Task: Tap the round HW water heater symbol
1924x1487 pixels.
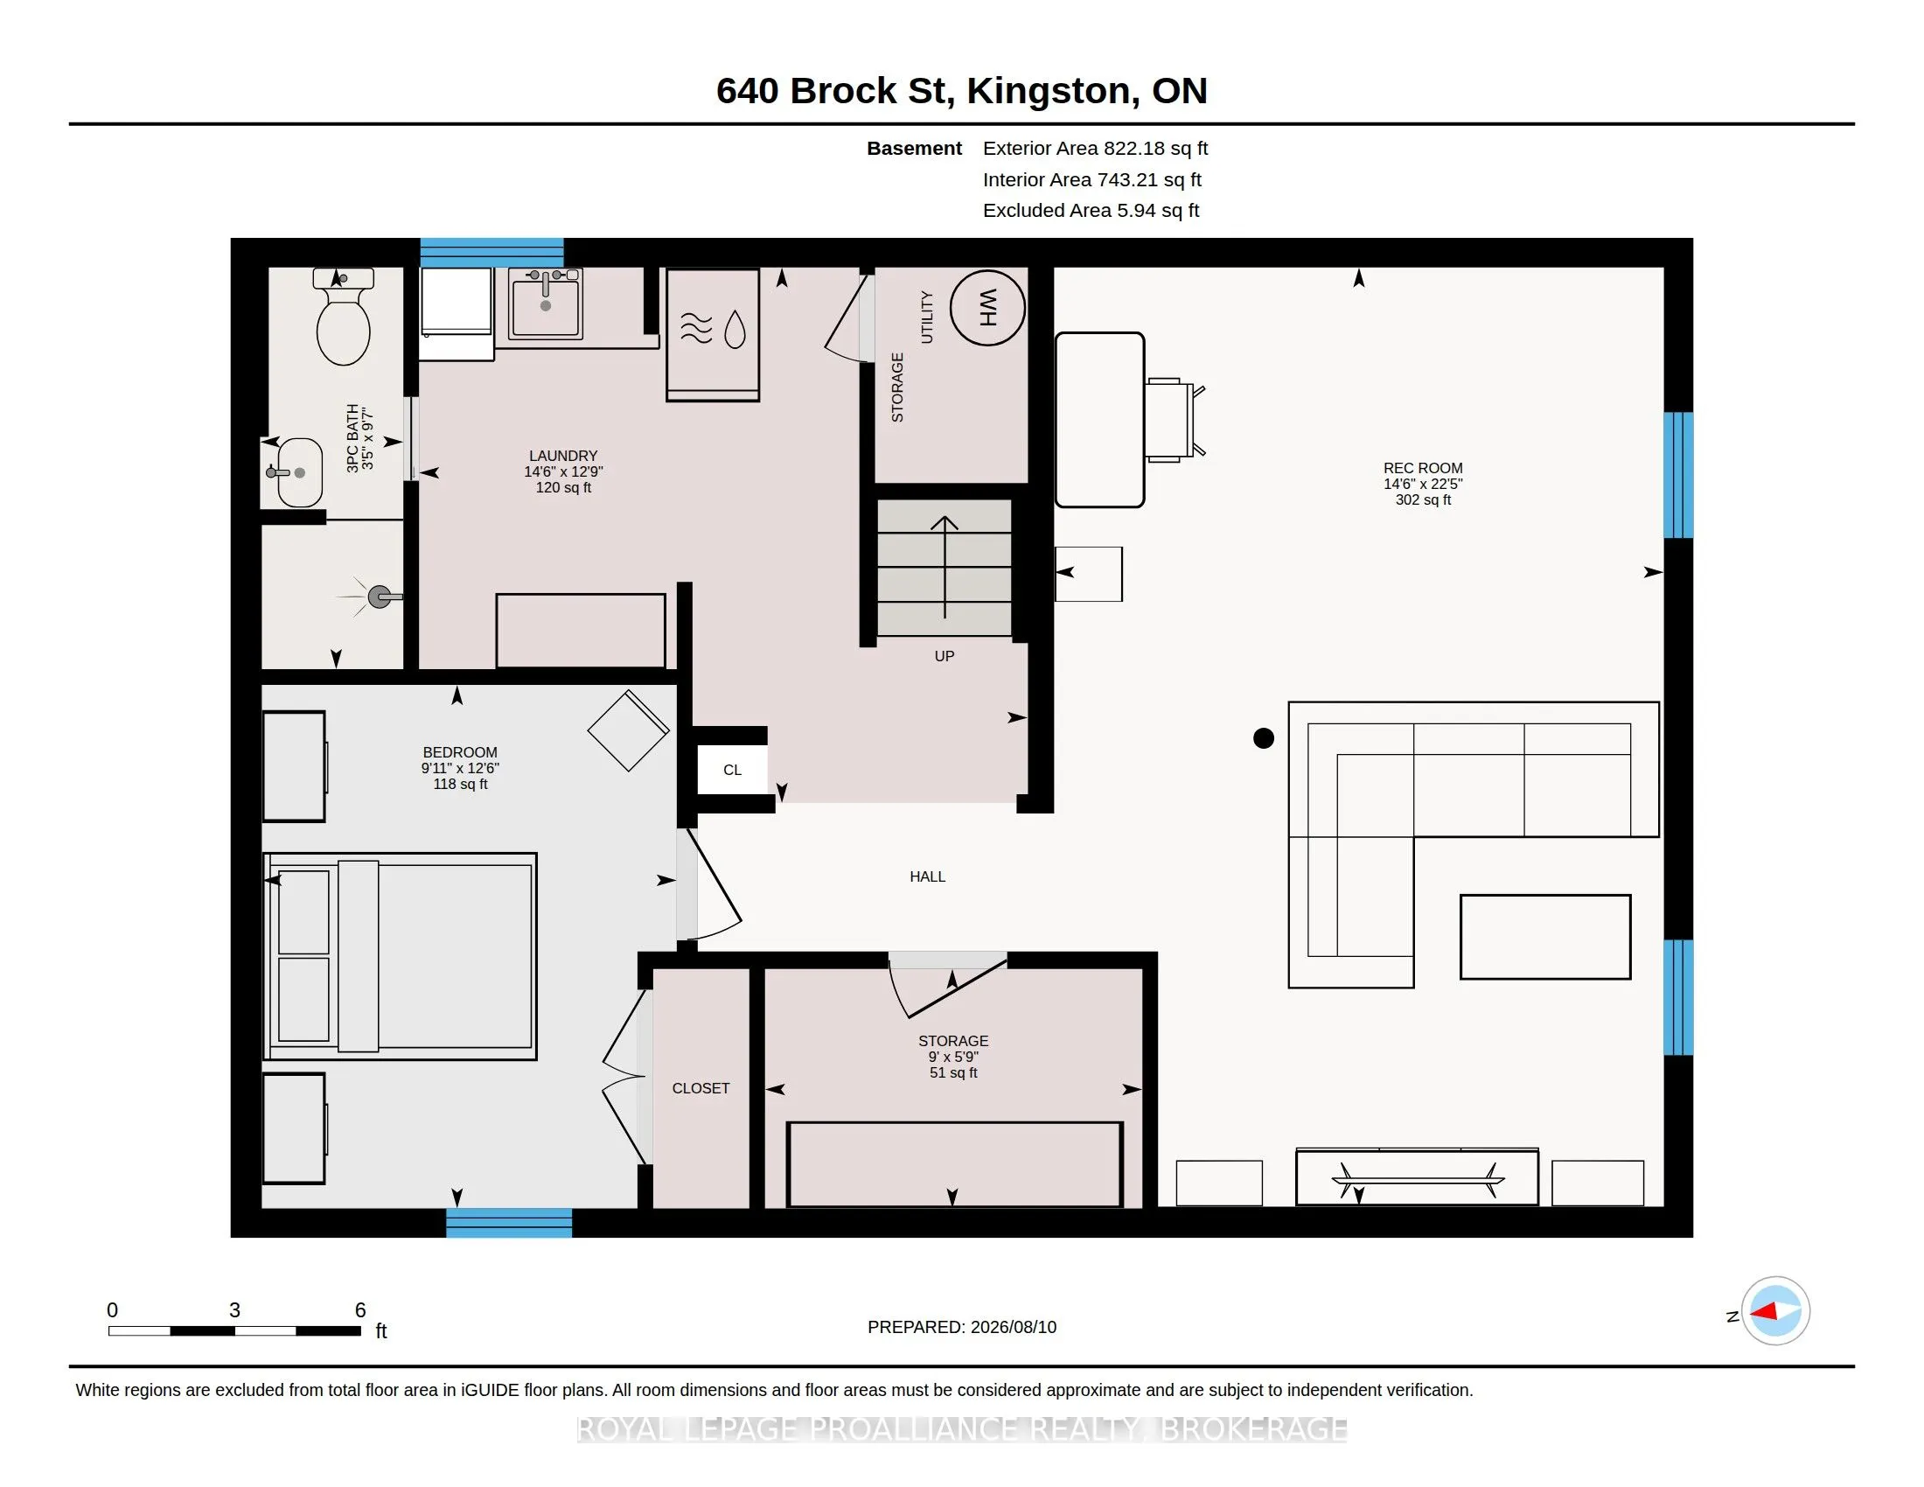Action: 987,307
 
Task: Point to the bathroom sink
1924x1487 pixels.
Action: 296,472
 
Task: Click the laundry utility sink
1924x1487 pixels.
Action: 546,303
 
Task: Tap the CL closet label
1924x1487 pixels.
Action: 732,770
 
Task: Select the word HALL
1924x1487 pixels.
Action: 927,876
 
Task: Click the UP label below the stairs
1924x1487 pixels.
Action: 945,656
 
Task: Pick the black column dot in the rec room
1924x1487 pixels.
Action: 1264,738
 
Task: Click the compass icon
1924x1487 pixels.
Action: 1775,1311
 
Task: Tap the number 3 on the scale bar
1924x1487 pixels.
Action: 234,1310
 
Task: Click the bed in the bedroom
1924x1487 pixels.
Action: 401,956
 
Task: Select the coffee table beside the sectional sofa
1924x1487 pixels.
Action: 1545,937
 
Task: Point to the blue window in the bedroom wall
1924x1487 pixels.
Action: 509,1223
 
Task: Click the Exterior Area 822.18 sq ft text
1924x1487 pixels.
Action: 1095,149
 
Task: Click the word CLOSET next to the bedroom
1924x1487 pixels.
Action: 701,1089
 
